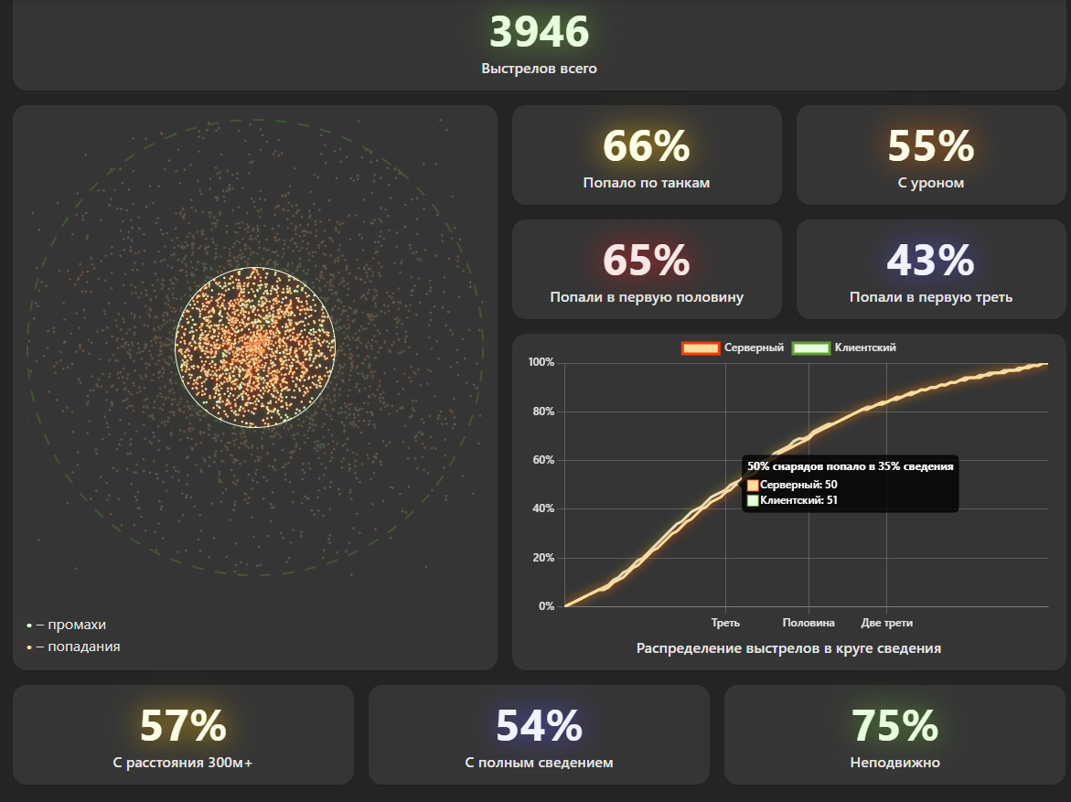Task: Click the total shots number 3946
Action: (x=539, y=31)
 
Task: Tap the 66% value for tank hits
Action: (x=646, y=146)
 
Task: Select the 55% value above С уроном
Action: (x=930, y=146)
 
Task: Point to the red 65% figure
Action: (x=646, y=261)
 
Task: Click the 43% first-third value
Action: (x=930, y=261)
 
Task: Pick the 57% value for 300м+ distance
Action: (x=183, y=726)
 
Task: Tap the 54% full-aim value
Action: (x=539, y=726)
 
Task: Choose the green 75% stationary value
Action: (x=894, y=726)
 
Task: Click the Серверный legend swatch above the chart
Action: (x=701, y=348)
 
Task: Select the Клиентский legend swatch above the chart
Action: (x=810, y=348)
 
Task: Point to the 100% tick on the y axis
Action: (x=541, y=362)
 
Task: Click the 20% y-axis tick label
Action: (x=543, y=558)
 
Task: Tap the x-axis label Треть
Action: (x=725, y=623)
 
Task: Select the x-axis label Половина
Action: (x=809, y=623)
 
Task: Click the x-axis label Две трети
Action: (x=886, y=623)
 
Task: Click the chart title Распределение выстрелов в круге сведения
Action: (x=788, y=648)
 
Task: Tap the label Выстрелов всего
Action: (x=539, y=69)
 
